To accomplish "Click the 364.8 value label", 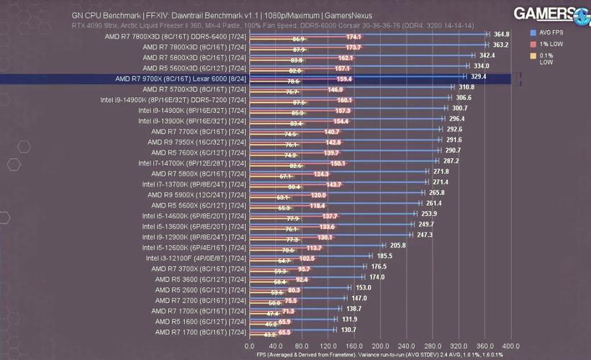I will point(502,34).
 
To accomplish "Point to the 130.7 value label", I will point(348,330).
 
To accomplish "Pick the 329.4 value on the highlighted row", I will point(479,76).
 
